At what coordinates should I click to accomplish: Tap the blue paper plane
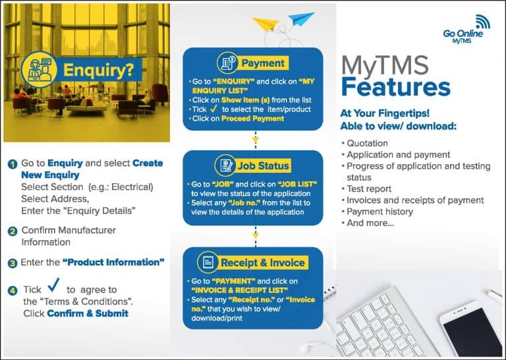tap(301, 18)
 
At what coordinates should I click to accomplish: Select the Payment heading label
tap(263, 63)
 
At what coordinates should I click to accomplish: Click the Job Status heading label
tap(263, 165)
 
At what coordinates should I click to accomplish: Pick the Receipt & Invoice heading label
tap(263, 262)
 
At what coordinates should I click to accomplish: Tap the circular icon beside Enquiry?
tap(39, 69)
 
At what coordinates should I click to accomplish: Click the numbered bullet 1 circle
tap(13, 164)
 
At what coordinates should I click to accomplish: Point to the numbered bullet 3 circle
tap(13, 264)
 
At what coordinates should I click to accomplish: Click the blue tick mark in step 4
tap(53, 284)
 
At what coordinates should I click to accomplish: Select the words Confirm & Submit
tap(88, 313)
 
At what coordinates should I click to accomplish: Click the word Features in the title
tap(395, 87)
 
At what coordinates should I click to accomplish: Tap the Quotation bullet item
tap(364, 143)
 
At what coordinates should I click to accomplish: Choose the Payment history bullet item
tap(378, 212)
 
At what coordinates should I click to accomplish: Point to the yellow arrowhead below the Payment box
tap(256, 140)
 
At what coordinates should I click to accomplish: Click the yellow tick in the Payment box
tap(213, 109)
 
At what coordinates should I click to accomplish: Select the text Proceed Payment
tap(253, 119)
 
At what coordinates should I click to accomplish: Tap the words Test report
tap(366, 189)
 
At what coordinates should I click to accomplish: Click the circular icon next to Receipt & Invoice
tap(208, 262)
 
